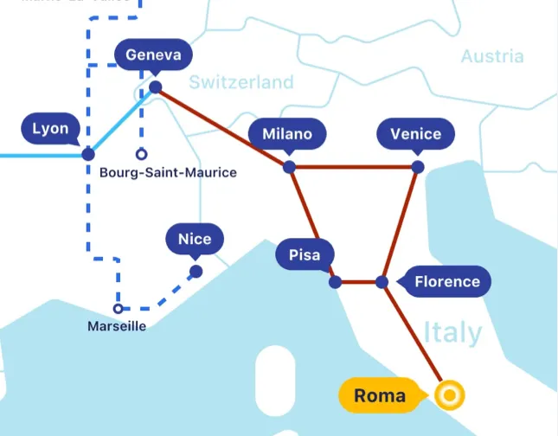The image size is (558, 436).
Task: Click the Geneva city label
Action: pos(153,55)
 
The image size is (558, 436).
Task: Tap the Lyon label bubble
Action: pos(50,129)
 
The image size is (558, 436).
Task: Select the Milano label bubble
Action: pos(286,134)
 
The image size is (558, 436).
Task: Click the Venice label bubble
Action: pos(415,134)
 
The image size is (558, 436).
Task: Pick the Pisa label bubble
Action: pos(304,255)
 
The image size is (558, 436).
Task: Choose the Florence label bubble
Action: pos(446,281)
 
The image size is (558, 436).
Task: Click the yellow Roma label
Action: pos(380,395)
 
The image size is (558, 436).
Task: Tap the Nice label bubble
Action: pos(195,239)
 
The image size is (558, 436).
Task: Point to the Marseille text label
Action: pos(117,326)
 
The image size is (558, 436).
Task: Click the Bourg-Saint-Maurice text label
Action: pos(168,173)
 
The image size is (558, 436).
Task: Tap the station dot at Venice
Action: pos(418,166)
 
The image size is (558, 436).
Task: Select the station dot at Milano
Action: pos(289,166)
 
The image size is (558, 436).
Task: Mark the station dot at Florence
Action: pos(382,282)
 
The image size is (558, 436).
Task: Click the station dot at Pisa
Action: pos(335,282)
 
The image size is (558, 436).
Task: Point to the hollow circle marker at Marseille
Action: pos(119,308)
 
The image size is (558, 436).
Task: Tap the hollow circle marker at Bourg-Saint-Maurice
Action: pos(141,155)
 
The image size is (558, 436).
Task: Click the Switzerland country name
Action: pos(241,82)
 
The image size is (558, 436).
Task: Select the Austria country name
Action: pos(491,56)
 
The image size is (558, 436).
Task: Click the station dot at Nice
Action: pos(196,272)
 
